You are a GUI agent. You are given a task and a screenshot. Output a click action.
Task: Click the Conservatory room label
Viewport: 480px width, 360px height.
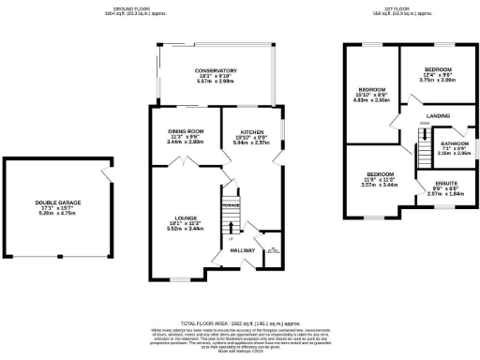[x=215, y=70]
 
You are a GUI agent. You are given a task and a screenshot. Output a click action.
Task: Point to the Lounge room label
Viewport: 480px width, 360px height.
[x=185, y=217]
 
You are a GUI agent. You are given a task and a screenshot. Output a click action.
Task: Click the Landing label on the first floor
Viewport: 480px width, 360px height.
[x=439, y=115]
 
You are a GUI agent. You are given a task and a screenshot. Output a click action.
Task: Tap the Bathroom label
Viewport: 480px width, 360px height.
[x=455, y=143]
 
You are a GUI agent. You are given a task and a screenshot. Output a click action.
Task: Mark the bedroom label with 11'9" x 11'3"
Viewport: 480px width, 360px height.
[x=379, y=174]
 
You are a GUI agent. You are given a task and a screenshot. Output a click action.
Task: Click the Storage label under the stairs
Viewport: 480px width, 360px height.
[x=231, y=204]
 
